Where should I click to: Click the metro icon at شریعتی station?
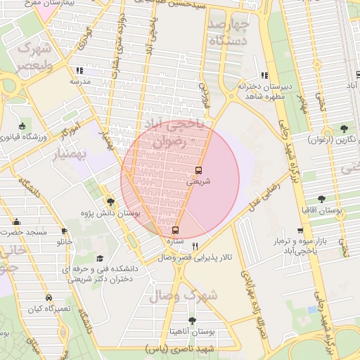198,170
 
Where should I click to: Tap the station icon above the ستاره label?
175,230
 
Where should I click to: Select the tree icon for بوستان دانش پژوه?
111,202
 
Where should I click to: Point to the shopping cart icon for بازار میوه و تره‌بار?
300,231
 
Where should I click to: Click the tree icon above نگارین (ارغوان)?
343,129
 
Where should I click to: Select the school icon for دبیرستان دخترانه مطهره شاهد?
264,75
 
